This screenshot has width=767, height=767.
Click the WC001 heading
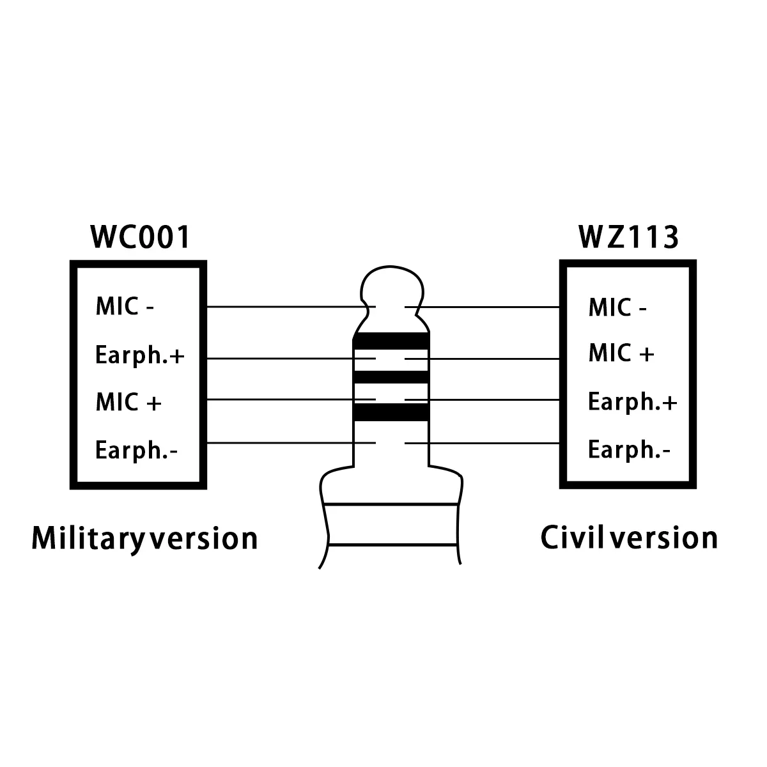click(x=141, y=237)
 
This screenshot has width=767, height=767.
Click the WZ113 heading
click(x=628, y=237)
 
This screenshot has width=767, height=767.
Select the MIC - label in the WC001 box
click(x=125, y=307)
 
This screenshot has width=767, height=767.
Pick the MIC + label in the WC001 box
click(x=128, y=403)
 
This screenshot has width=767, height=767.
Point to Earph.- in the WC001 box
click(x=136, y=451)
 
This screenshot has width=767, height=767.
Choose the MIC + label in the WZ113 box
click(x=621, y=353)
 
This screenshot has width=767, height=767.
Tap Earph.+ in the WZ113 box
click(x=632, y=403)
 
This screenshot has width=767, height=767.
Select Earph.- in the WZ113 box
click(x=629, y=451)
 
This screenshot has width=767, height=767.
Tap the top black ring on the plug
click(x=391, y=341)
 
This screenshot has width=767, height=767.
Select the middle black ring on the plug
click(x=391, y=376)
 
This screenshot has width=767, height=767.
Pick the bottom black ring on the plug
click(x=391, y=412)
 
